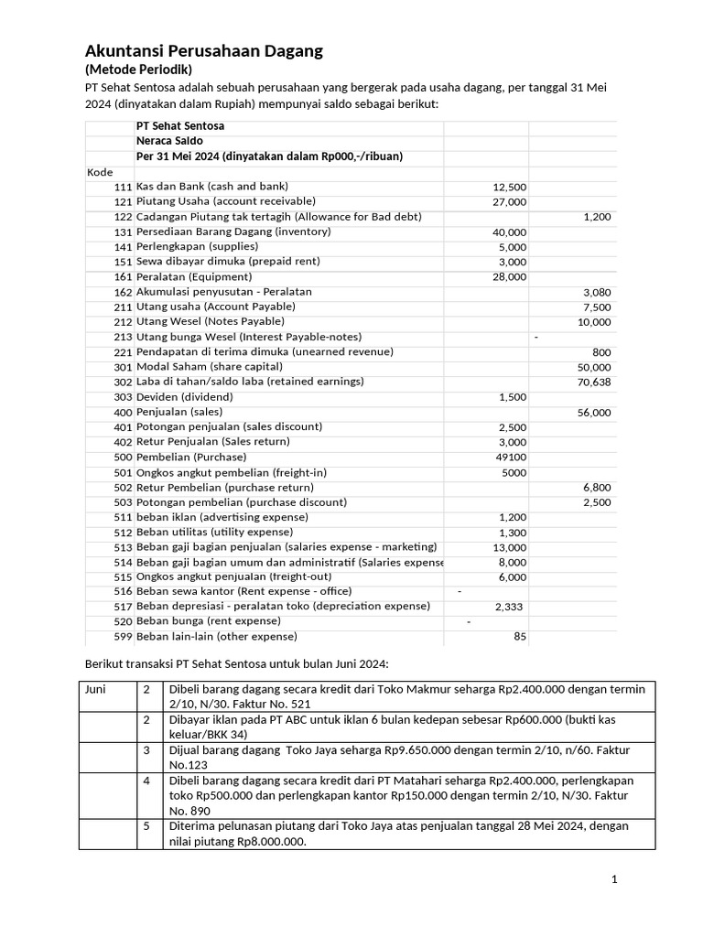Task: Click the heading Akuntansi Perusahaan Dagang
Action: [203, 51]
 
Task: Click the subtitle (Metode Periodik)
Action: [138, 70]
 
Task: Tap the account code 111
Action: [123, 187]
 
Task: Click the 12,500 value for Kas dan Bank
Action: [509, 187]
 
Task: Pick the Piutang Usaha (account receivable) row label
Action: [225, 201]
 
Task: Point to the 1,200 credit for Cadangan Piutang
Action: [597, 217]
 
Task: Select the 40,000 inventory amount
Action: [509, 232]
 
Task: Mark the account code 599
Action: [123, 638]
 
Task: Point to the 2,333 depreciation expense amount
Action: [510, 607]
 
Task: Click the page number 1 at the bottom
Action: [615, 880]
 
